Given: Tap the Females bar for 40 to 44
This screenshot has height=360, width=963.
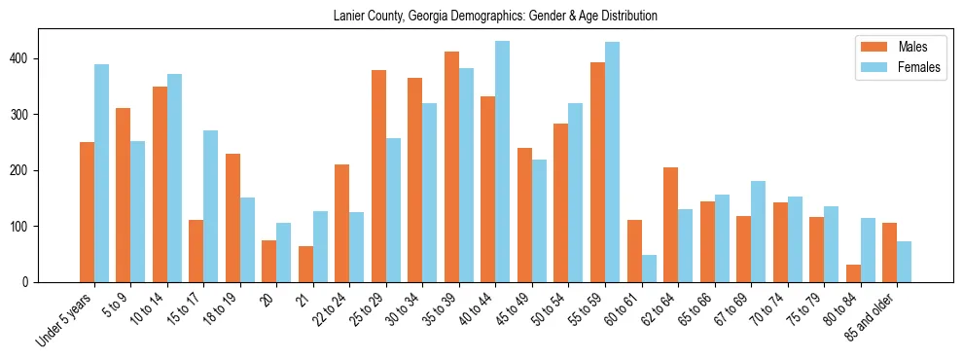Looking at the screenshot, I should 502,162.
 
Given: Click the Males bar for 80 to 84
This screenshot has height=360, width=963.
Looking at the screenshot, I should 853,273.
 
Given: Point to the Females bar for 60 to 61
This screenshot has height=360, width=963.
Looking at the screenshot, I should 649,269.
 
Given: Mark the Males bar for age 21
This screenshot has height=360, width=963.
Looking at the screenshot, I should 305,264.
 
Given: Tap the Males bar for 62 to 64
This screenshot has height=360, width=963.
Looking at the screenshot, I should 670,225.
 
